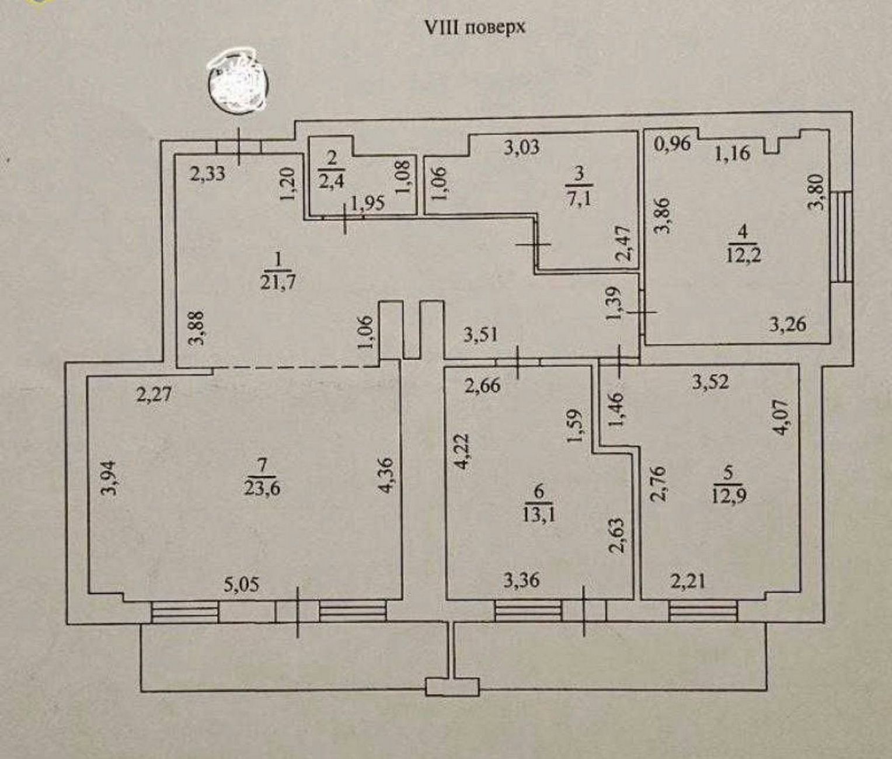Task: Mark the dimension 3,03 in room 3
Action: [x=522, y=148]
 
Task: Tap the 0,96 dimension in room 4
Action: [x=673, y=144]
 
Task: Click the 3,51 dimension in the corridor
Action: [x=481, y=335]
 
